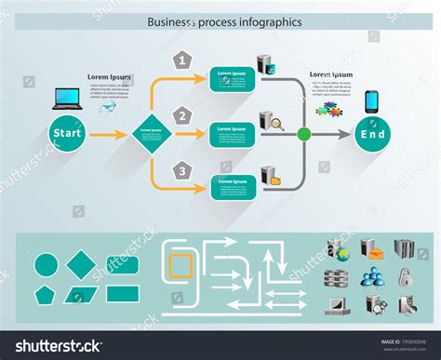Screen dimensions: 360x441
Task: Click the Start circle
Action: (67, 133)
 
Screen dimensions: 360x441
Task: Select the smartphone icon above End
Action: (370, 100)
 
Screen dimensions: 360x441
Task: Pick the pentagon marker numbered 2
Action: (183, 115)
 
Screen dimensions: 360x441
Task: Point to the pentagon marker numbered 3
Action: (183, 169)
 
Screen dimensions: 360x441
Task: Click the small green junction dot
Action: (303, 134)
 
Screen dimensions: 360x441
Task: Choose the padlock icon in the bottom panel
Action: (406, 276)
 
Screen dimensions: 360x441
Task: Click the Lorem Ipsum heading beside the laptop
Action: (109, 76)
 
